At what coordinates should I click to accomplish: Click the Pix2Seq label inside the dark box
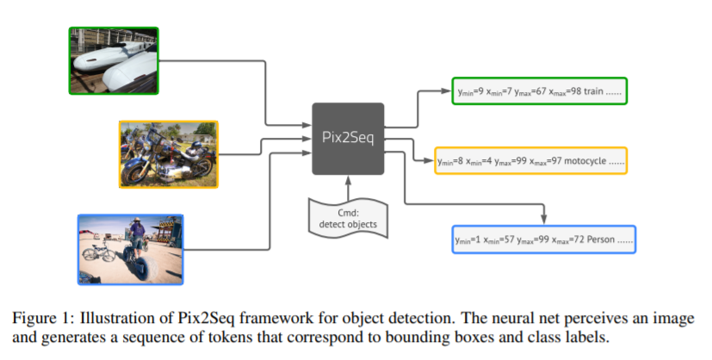tap(348, 137)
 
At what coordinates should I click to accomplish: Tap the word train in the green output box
tap(593, 90)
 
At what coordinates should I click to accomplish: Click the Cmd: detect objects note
tap(348, 219)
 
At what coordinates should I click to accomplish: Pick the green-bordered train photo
tap(114, 61)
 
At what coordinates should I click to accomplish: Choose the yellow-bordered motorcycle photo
tap(169, 154)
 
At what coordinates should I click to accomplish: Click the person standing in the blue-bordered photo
tap(136, 237)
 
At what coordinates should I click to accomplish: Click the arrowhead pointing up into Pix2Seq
tap(349, 180)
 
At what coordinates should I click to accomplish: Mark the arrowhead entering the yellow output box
tap(429, 160)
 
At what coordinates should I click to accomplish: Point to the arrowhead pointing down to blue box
tap(543, 220)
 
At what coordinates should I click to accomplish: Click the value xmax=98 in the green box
tap(565, 91)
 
